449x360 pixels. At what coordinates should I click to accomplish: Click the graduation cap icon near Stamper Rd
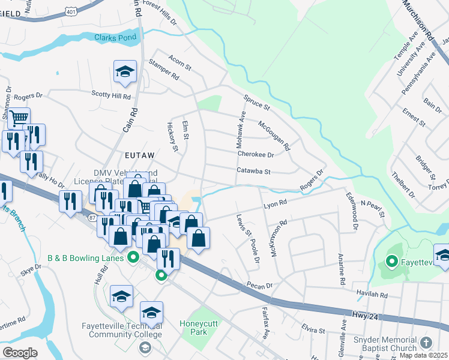[125, 72]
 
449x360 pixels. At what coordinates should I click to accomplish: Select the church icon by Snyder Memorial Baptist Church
[426, 343]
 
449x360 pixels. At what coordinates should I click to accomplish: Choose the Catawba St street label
[254, 171]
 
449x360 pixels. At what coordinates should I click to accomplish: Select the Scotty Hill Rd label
[111, 95]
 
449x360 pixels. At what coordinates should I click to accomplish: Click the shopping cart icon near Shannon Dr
[19, 118]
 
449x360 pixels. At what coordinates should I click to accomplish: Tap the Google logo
[20, 353]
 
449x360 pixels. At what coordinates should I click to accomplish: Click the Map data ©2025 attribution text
[423, 355]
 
